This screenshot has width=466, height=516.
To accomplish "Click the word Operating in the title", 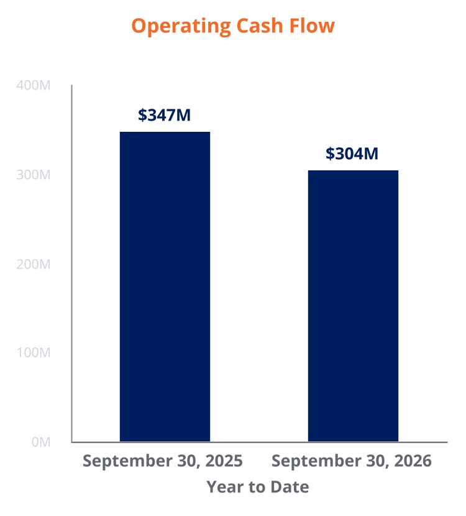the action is point(181,26).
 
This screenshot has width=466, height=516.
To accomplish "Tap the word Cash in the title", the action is point(260,25).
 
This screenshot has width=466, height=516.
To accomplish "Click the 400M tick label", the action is point(33,85).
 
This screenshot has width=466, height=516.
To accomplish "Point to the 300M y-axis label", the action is point(33,175).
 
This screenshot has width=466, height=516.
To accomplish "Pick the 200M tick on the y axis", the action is point(33,264).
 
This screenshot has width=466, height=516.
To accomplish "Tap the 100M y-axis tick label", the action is point(33,352).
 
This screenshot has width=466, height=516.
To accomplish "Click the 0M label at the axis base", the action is point(41,442).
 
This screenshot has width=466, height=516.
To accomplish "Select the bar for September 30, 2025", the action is point(165,287).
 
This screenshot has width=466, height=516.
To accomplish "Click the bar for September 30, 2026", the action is point(353,306).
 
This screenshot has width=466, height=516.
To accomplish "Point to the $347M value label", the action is point(164,115).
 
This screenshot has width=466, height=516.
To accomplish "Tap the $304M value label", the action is point(352,154).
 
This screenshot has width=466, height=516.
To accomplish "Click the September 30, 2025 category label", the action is point(162,461).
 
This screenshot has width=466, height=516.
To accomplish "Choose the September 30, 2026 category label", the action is point(352,461).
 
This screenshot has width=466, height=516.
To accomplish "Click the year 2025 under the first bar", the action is point(224,461).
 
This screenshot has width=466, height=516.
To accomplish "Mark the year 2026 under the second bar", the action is point(413,461).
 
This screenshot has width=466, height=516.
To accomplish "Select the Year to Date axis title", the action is point(258,487).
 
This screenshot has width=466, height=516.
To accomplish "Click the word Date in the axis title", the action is point(290,487).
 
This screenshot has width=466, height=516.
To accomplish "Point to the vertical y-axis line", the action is point(71,264).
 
